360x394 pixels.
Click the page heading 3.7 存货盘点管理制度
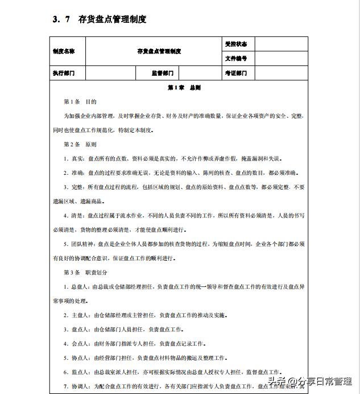pos(99,19)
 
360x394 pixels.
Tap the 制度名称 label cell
pos(64,51)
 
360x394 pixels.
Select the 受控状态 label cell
pos(236,44)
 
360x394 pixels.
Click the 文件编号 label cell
pos(236,59)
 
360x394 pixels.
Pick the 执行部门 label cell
pos(64,73)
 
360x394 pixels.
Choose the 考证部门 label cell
pos(236,73)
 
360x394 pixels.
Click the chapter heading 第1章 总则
pos(184,88)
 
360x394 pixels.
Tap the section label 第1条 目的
pos(80,102)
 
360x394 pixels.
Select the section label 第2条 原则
pos(80,144)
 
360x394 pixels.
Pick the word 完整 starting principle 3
pos(78,187)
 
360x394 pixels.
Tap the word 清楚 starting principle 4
pos(78,216)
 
